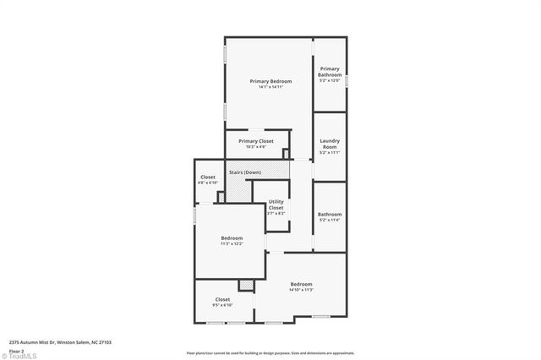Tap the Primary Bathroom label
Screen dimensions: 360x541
pyautogui.click(x=330, y=71)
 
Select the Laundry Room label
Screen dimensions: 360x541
pyautogui.click(x=330, y=144)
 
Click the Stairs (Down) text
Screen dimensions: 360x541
pyautogui.click(x=244, y=172)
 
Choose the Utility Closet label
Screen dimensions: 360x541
pyautogui.click(x=276, y=204)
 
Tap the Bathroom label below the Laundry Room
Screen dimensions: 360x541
pyautogui.click(x=330, y=214)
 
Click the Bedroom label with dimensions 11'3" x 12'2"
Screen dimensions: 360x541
pyautogui.click(x=232, y=237)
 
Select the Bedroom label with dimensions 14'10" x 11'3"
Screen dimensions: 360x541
pyautogui.click(x=301, y=283)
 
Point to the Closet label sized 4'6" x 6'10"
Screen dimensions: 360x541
pyautogui.click(x=207, y=177)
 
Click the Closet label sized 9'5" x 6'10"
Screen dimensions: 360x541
pyautogui.click(x=222, y=299)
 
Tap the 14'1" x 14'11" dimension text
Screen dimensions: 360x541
pyautogui.click(x=270, y=86)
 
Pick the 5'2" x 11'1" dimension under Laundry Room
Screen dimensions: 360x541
pyautogui.click(x=330, y=153)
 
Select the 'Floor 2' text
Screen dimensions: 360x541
pyautogui.click(x=17, y=350)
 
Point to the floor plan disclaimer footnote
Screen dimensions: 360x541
pyautogui.click(x=270, y=353)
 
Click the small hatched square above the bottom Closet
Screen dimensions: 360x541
pyautogui.click(x=246, y=286)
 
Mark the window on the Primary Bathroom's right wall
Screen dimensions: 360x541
pyautogui.click(x=347, y=79)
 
